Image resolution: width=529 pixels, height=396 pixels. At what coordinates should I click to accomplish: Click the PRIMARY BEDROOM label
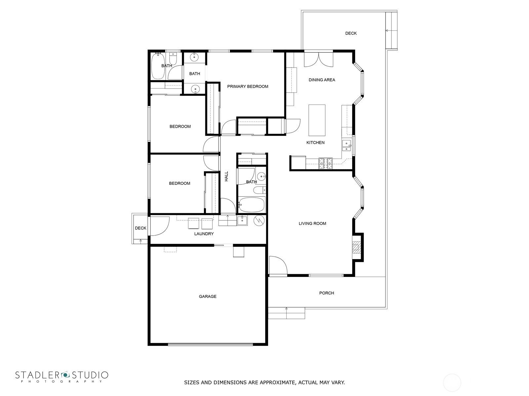click(248, 86)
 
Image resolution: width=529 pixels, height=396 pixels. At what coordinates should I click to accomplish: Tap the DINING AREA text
click(322, 80)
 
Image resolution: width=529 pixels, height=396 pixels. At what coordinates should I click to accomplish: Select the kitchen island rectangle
click(317, 120)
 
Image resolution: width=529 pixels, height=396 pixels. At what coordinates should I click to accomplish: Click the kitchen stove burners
click(326, 164)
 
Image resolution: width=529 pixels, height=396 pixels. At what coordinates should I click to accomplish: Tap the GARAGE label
click(208, 296)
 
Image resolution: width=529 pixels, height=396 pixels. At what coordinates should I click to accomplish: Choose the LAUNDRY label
click(204, 234)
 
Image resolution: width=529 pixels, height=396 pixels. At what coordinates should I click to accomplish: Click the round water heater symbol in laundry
click(259, 220)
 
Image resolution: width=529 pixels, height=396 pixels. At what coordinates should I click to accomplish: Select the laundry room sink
click(242, 220)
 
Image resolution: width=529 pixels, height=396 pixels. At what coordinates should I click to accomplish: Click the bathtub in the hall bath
click(252, 205)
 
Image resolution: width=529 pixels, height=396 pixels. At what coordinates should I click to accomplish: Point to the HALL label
click(226, 176)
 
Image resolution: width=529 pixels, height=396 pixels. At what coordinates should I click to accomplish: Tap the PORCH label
click(327, 293)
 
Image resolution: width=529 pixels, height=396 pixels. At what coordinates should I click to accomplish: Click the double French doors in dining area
click(319, 59)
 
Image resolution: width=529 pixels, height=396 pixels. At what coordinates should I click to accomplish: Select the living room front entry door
click(278, 265)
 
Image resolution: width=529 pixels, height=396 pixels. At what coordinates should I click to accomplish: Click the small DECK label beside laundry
click(141, 228)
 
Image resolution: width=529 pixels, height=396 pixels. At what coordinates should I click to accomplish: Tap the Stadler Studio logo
click(62, 377)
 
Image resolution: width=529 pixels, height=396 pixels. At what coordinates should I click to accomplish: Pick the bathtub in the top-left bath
click(158, 66)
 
